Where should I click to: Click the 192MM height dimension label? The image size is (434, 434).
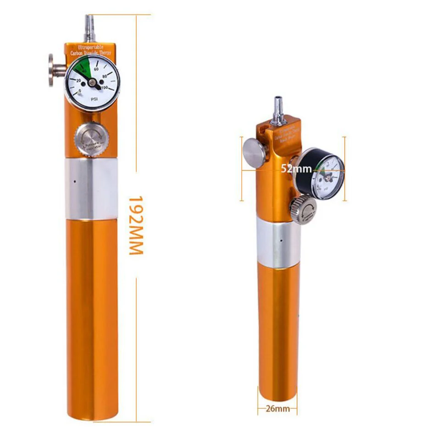pos(136,225)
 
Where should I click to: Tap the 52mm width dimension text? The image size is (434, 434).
pos(296,169)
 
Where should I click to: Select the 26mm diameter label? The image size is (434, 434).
pos(278,408)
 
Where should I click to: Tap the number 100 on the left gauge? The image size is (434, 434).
pos(105,87)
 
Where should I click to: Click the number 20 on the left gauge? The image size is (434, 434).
pos(78,81)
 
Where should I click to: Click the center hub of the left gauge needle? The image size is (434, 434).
pos(93,82)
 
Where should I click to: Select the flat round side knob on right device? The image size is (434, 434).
pos(254,152)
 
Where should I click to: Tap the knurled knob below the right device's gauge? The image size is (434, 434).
pos(303,209)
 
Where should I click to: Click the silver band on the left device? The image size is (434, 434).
pos(91,189)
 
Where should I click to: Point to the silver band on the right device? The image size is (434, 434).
pos(278,243)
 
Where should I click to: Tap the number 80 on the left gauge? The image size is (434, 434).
pos(105,76)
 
